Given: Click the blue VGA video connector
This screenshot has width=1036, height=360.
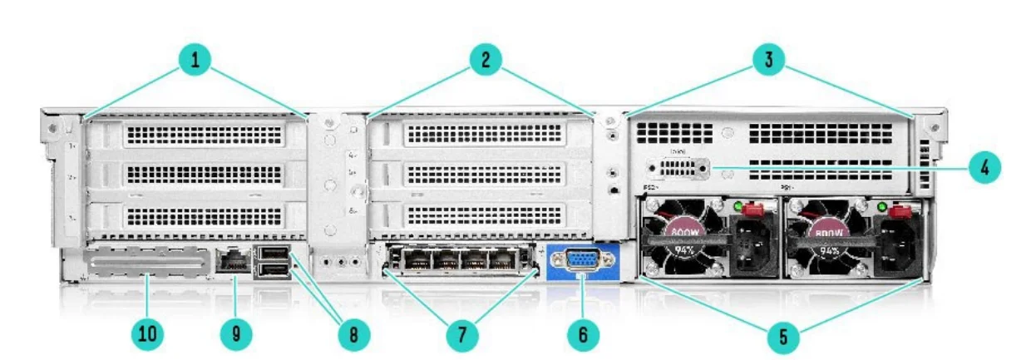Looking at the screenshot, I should coord(584,259).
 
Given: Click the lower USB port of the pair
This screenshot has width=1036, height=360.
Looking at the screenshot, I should coord(274,270).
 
